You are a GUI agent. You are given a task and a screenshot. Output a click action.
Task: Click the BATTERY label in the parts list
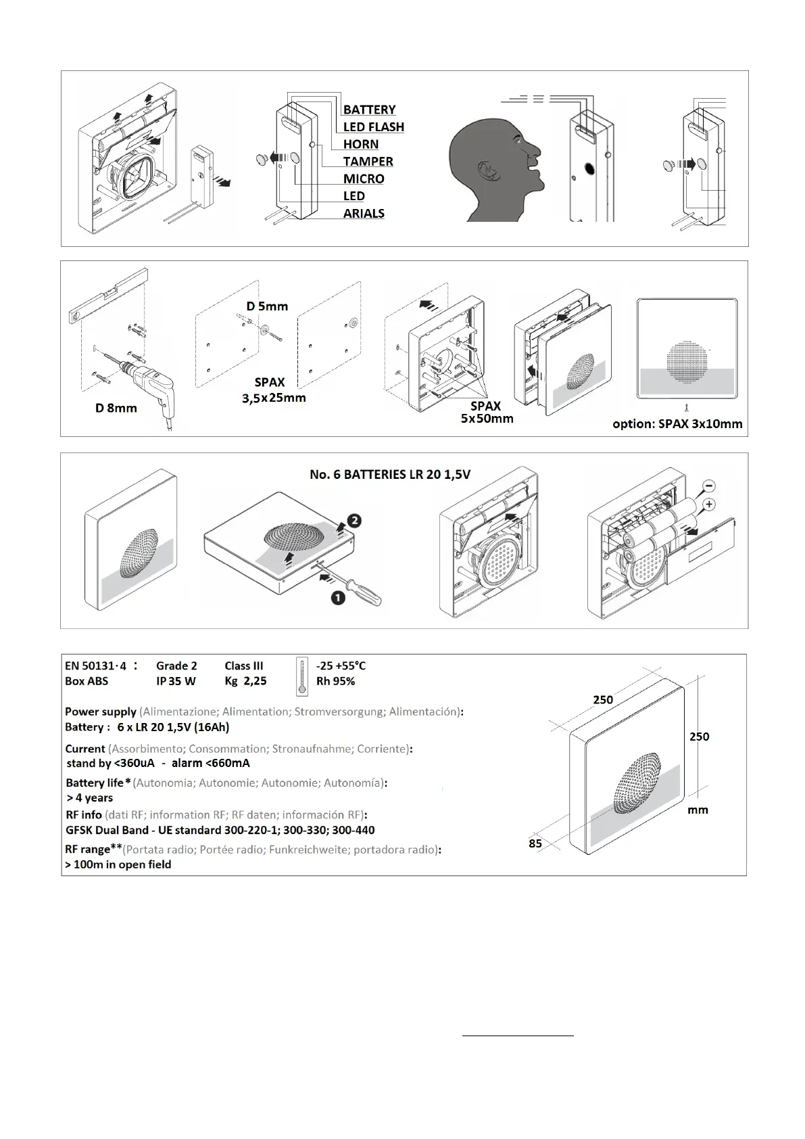pos(369,110)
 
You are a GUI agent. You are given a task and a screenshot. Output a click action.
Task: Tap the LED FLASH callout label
pos(373,127)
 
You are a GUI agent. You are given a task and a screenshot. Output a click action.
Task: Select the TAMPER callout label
pos(368,162)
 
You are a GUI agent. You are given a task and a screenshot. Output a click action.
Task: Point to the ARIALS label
pos(364,214)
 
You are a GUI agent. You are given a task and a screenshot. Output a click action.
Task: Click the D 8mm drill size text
pos(116,409)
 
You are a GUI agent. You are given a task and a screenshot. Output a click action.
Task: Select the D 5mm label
pos(267,306)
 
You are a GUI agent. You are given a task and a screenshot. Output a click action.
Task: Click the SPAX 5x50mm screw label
pos(485,412)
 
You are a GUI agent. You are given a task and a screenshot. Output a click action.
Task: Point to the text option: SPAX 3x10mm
pos(677,424)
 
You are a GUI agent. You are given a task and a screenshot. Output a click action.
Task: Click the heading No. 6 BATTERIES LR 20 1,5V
pos(390,475)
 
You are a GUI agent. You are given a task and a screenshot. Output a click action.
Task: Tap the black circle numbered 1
pos(338,598)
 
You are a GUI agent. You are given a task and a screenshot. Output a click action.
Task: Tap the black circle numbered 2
pos(354,521)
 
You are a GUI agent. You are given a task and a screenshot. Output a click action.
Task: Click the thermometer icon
pos(302,676)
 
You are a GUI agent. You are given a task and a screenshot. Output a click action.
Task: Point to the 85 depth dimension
pos(535,844)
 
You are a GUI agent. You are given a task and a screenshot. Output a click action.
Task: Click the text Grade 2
pos(176,666)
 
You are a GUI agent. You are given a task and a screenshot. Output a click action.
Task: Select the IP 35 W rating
pos(176,682)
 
